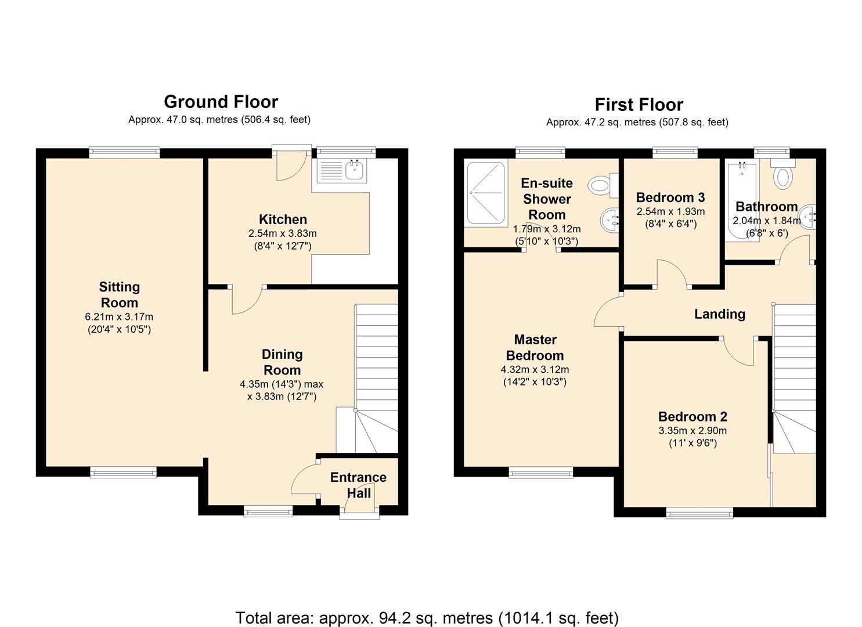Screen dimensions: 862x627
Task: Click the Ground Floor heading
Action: click(221, 102)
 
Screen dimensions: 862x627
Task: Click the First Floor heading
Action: click(639, 105)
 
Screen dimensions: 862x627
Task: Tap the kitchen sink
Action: click(355, 170)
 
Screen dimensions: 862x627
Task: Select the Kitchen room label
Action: click(283, 219)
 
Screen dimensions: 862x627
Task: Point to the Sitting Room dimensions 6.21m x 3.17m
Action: click(119, 317)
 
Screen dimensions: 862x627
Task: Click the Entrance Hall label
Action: click(358, 485)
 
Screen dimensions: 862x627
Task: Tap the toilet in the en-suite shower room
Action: click(603, 185)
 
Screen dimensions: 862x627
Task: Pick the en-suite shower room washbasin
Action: click(609, 220)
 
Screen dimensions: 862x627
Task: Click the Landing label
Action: click(720, 314)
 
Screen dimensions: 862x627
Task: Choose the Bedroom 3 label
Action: click(670, 197)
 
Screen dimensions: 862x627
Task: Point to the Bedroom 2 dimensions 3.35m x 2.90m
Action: click(693, 430)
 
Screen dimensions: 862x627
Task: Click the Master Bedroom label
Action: click(535, 347)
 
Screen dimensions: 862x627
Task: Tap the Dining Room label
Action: click(282, 362)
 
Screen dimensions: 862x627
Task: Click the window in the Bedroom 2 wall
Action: click(699, 513)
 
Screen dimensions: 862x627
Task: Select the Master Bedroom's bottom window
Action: click(540, 472)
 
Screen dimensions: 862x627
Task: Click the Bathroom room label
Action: click(767, 207)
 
